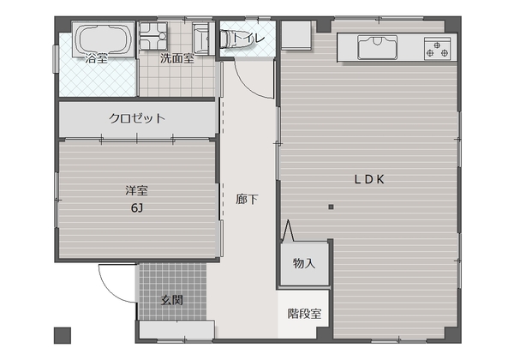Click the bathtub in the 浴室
coord(103,39)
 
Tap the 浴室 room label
coord(96,58)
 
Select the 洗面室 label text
coord(177,58)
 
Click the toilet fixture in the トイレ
coord(236,39)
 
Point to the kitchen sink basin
coord(377,47)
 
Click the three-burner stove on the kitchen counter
coord(437,49)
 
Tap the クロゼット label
coord(137,118)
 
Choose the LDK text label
coord(369,179)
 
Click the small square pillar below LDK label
coord(331,207)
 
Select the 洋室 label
coord(136,190)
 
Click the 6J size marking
coord(137,208)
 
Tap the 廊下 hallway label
coord(247,199)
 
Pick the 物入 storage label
coord(304,263)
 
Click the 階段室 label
coord(304,314)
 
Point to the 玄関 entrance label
coord(172,300)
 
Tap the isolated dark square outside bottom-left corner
coord(63,335)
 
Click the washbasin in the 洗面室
coord(200,39)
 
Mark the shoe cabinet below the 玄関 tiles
coord(177,329)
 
